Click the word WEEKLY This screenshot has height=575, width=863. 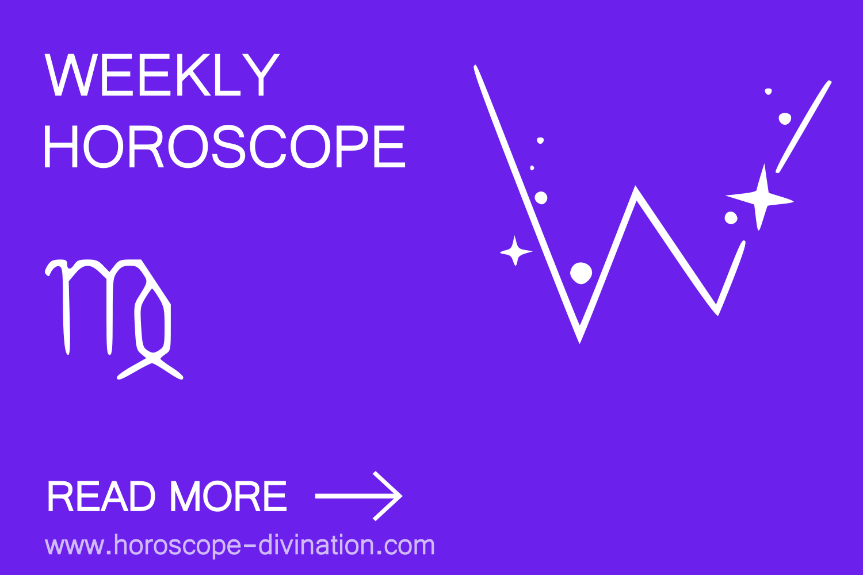click(162, 75)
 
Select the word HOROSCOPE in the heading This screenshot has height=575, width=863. click(224, 147)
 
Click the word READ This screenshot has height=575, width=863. click(101, 497)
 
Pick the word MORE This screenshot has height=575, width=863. click(228, 497)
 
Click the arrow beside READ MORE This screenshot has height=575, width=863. click(358, 496)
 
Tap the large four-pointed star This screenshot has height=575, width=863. click(761, 198)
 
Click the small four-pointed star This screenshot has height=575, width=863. click(515, 251)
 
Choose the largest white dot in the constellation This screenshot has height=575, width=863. click(581, 273)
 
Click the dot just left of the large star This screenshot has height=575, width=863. click(731, 218)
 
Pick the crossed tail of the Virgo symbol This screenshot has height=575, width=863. click(151, 366)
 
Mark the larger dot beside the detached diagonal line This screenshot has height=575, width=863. click(785, 118)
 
